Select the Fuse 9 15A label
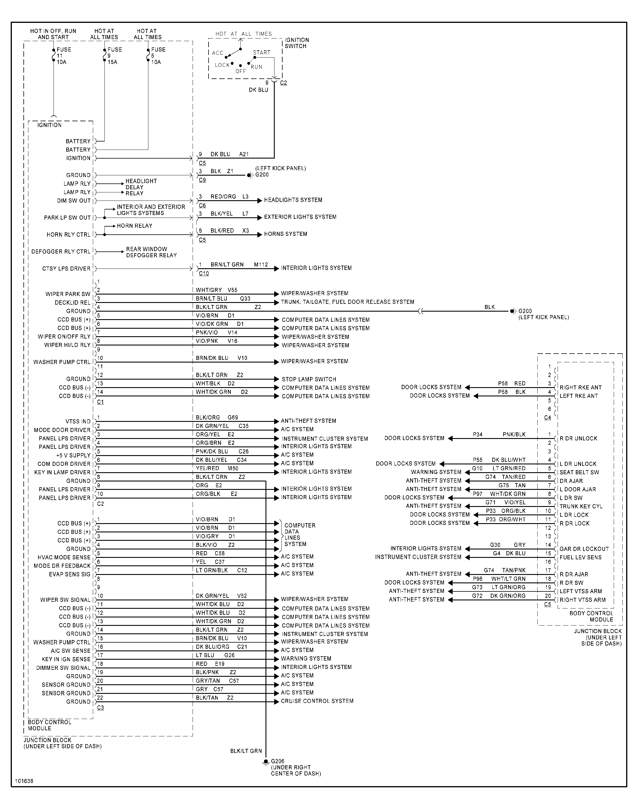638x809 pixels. (114, 56)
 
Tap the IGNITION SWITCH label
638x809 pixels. (297, 43)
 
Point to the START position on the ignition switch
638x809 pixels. (261, 53)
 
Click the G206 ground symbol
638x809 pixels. (265, 762)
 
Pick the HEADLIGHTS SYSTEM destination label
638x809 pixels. (293, 200)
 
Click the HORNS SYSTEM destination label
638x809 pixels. (285, 234)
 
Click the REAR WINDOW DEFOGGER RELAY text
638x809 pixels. (151, 252)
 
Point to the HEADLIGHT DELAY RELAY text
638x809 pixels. (141, 187)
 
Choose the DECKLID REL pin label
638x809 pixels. (73, 303)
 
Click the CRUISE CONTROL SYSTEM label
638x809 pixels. (317, 701)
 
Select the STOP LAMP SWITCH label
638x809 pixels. (309, 379)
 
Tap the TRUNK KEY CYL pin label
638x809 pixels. (581, 506)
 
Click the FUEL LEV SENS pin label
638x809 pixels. (580, 557)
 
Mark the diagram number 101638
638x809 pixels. (24, 781)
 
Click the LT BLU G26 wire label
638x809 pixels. (215, 655)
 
